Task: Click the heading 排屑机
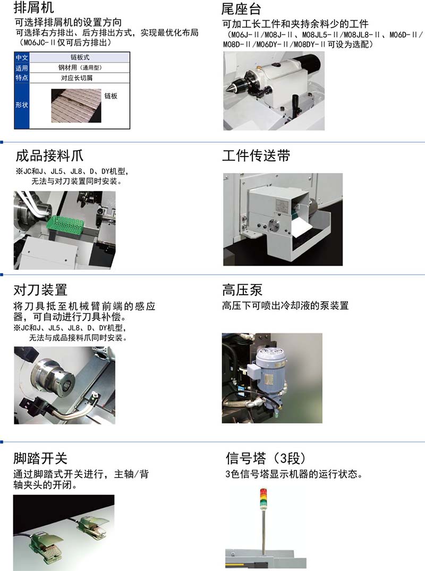pyautogui.click(x=33, y=7)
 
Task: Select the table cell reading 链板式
pyautogui.click(x=80, y=57)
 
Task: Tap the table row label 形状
pyautogui.click(x=21, y=105)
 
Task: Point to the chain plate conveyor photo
pyautogui.click(x=76, y=105)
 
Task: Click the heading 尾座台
pyautogui.click(x=241, y=9)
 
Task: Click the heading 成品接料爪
pyautogui.click(x=49, y=155)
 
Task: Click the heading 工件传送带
pyautogui.click(x=256, y=155)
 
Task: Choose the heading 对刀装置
pyautogui.click(x=40, y=290)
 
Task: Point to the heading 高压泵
pyautogui.click(x=242, y=290)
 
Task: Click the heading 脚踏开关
pyautogui.click(x=40, y=458)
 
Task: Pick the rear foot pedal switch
pyautogui.click(x=93, y=526)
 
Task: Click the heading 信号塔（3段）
pyautogui.click(x=266, y=458)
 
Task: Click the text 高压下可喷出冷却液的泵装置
pyautogui.click(x=285, y=305)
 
